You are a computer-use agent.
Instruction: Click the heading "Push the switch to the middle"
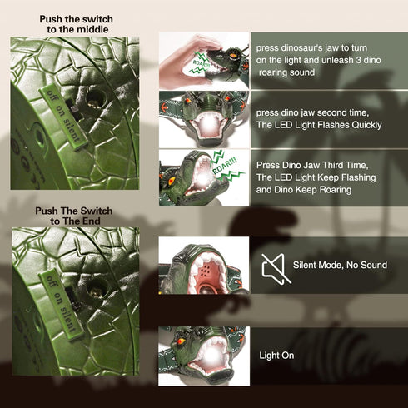click(76, 24)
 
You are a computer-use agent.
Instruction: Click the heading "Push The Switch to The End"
click(74, 216)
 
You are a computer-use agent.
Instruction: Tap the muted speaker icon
click(276, 269)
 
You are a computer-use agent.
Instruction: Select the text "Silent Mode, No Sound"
click(340, 265)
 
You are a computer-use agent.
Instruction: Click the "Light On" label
click(276, 356)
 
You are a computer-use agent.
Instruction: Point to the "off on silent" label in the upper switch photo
click(63, 117)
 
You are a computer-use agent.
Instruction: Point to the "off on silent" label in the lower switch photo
click(61, 305)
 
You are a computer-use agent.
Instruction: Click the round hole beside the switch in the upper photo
click(96, 99)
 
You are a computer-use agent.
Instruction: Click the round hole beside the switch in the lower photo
click(97, 289)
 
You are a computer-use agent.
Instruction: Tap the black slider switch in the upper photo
click(72, 109)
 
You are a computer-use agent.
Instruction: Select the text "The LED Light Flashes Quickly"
click(319, 125)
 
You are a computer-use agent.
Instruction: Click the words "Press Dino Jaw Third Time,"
click(312, 165)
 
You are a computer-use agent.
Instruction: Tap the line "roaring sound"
click(286, 72)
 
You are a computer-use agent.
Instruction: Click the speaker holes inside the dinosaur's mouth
click(205, 270)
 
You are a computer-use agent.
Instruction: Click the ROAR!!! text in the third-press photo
click(225, 165)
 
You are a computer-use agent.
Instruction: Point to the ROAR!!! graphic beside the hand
click(202, 62)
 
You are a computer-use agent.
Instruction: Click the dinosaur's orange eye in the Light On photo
click(182, 340)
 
